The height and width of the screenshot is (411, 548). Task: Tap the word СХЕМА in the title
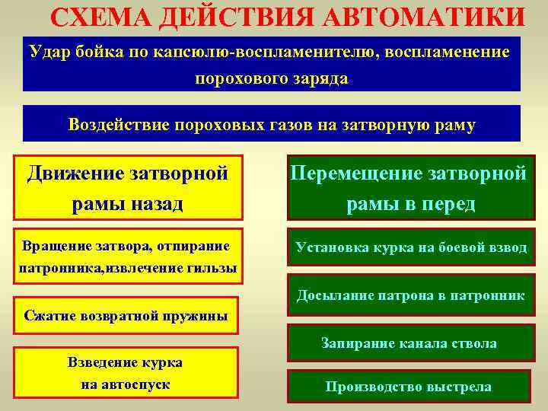point(98,17)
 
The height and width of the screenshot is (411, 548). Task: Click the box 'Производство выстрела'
point(408,387)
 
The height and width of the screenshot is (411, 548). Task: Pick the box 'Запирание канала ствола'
point(408,343)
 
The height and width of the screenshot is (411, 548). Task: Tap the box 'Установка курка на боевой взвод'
point(411,247)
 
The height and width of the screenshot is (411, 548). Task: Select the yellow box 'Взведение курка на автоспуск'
point(126,374)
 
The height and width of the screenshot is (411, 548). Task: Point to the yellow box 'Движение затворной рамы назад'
point(128,188)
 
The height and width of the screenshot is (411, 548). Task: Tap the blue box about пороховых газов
point(272,124)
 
